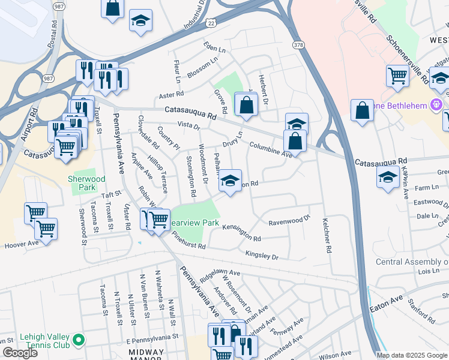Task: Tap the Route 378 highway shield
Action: click(x=298, y=45)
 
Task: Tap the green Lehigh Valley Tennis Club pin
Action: click(x=78, y=341)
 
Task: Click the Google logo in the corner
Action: click(x=20, y=353)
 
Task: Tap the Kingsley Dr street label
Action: click(x=262, y=256)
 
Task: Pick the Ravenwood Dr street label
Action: click(x=289, y=221)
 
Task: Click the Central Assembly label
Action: click(x=412, y=262)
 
